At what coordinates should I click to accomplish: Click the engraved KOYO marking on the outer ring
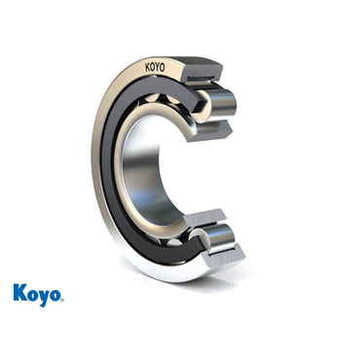point(155,67)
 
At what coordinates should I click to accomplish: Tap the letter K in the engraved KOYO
point(147,68)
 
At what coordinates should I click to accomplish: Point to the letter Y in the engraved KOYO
point(158,67)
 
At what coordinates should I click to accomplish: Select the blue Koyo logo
point(39,295)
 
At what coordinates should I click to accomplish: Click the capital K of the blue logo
point(19,292)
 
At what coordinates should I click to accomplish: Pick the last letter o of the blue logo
point(55,295)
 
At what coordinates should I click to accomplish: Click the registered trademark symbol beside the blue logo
point(62,299)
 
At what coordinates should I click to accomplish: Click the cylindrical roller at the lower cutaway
point(219,237)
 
